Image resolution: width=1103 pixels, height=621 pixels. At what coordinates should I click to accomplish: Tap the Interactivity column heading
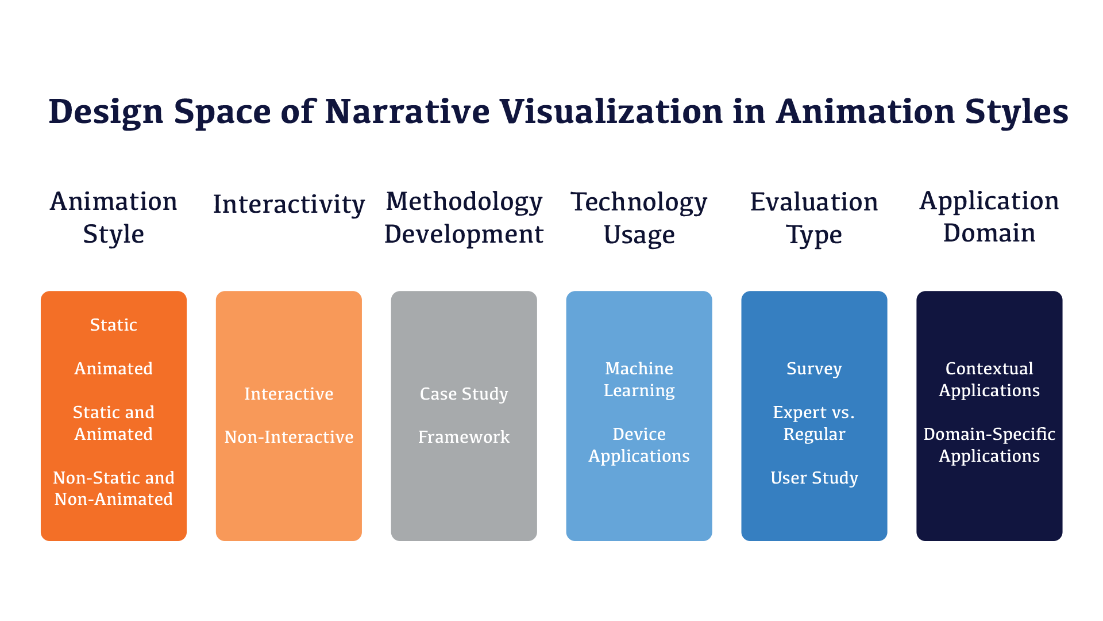pos(289,204)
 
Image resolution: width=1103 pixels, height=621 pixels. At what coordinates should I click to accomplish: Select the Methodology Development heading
pos(464,218)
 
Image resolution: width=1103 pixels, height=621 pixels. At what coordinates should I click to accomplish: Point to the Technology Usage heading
pos(639,218)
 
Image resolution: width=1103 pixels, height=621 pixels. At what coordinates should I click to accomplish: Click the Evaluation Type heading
pos(814,218)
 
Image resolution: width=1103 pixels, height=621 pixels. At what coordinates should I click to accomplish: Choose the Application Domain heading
pos(989,217)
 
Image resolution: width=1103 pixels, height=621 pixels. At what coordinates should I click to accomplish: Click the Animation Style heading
pos(114,218)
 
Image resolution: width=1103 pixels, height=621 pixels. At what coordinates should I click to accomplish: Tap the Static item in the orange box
pos(114,325)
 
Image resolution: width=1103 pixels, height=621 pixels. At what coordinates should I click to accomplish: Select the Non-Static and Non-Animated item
pos(114,488)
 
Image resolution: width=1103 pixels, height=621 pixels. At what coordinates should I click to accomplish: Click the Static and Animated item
pos(114,423)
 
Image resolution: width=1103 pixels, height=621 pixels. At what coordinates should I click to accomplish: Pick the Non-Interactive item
pos(289,437)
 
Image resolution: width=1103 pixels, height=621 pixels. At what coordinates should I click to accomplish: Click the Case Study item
pos(464,394)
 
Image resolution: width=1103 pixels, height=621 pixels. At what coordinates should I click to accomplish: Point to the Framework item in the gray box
pos(464,437)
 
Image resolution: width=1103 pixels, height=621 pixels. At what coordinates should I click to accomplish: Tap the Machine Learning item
pos(639,379)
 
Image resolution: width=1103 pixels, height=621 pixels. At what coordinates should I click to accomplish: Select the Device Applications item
pos(639,445)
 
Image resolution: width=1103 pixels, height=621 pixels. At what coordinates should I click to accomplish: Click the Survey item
pos(814,369)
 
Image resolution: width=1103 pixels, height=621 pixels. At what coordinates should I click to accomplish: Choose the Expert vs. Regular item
pos(814,423)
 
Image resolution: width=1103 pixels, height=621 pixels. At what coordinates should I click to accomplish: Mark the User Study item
pos(814,478)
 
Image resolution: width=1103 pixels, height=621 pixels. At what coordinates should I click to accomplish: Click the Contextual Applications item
pos(989,379)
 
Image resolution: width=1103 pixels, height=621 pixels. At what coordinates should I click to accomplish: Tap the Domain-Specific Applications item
pos(989,445)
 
